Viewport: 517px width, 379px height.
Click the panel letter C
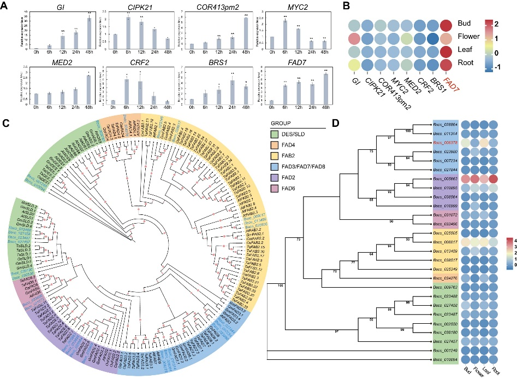click(x=5, y=123)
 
